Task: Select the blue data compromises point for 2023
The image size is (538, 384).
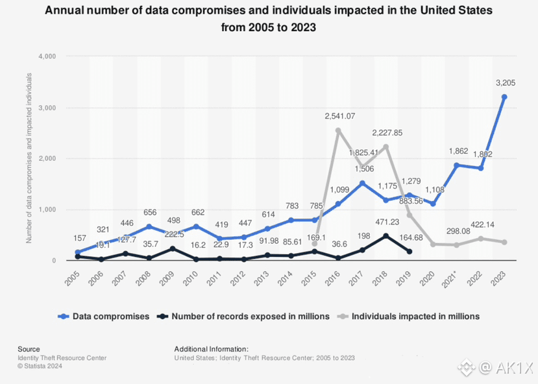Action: coord(504,97)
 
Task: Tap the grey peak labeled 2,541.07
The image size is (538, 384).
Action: coord(338,130)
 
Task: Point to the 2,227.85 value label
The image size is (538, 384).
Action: coord(387,132)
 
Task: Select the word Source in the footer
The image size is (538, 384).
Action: coord(29,349)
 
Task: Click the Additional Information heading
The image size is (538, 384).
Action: coord(211,349)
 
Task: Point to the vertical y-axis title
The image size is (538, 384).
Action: coord(29,158)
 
